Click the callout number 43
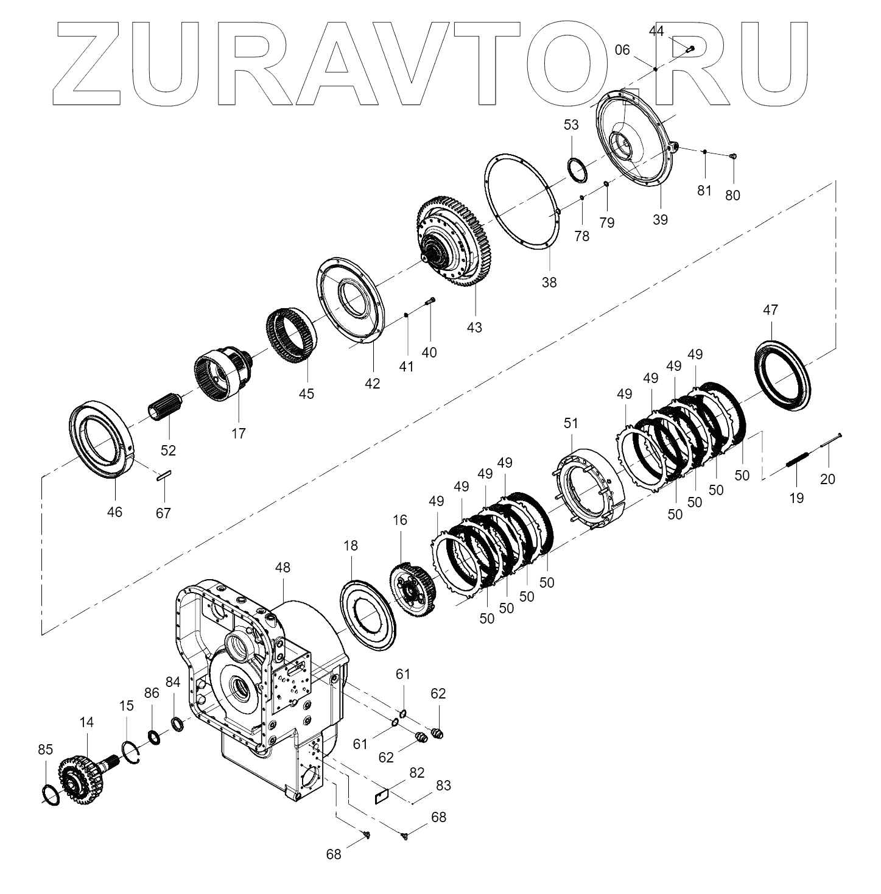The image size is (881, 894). click(474, 327)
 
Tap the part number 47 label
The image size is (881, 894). click(770, 310)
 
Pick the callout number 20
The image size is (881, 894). click(827, 479)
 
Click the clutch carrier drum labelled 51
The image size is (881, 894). click(588, 487)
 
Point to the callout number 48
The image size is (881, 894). click(283, 568)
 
